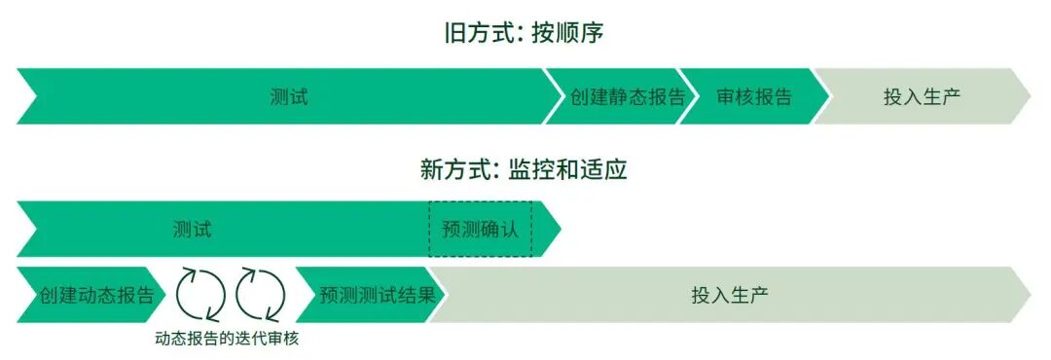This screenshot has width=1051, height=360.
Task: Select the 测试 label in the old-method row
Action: click(x=289, y=96)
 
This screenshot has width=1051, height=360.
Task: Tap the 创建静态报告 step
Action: click(x=628, y=96)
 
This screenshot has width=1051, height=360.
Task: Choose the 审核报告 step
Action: click(x=753, y=96)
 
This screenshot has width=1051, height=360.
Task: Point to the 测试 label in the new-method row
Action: click(x=192, y=230)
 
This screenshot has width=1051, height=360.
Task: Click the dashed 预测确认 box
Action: click(x=480, y=230)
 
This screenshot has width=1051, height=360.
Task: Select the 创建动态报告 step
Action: click(x=96, y=295)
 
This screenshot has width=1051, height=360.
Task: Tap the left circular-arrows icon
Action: click(x=200, y=295)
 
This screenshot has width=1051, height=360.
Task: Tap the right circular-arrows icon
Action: click(x=261, y=295)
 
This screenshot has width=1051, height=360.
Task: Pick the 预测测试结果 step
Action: click(x=377, y=295)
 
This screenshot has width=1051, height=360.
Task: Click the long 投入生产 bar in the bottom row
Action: click(x=730, y=295)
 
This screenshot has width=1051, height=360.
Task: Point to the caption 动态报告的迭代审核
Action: click(x=234, y=340)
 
